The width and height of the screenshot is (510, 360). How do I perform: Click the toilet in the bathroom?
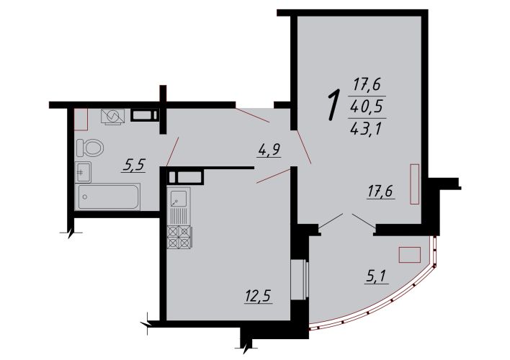click(90, 148)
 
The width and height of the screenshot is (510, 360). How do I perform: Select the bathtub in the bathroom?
click(107, 197)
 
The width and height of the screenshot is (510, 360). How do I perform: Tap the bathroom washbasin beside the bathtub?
click(84, 172)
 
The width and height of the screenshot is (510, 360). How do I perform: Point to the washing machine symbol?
click(113, 116)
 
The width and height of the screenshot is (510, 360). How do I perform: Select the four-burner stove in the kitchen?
click(179, 237)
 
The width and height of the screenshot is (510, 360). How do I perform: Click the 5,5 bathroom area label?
click(134, 166)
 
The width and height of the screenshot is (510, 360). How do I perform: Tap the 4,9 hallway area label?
click(269, 150)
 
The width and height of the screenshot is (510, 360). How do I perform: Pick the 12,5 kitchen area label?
click(259, 296)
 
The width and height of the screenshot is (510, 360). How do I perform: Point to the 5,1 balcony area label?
click(376, 276)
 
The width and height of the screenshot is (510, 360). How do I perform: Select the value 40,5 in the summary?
click(367, 107)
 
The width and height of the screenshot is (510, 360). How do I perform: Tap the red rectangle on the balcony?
click(410, 255)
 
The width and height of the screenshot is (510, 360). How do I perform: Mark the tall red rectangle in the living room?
click(415, 184)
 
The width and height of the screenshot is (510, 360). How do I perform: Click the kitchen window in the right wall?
click(300, 279)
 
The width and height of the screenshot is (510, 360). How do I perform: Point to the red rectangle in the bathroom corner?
click(81, 120)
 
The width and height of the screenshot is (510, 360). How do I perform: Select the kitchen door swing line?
click(273, 176)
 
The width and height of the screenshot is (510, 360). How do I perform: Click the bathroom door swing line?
click(173, 151)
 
